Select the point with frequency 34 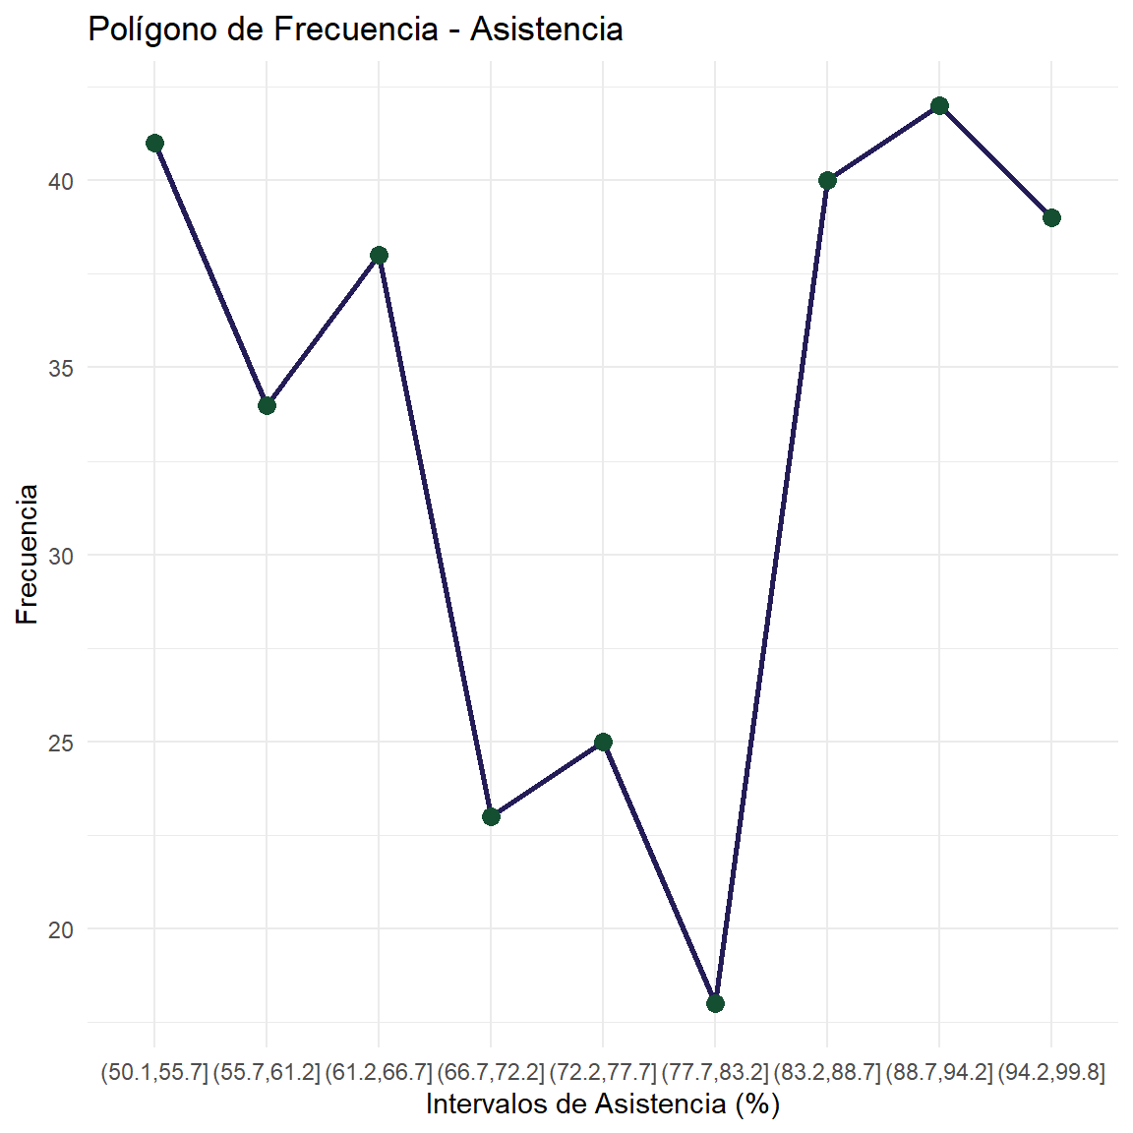click(x=267, y=405)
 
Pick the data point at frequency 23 click(x=491, y=816)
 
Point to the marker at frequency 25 click(x=603, y=742)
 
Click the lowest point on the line click(x=715, y=1003)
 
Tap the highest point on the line click(x=939, y=106)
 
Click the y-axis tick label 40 click(x=62, y=182)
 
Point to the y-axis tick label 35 click(x=62, y=369)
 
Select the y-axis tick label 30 click(x=62, y=556)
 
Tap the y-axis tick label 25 click(x=62, y=743)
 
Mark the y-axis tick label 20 click(x=62, y=929)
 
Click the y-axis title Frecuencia click(x=28, y=555)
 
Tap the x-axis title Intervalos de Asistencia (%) click(x=602, y=1104)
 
